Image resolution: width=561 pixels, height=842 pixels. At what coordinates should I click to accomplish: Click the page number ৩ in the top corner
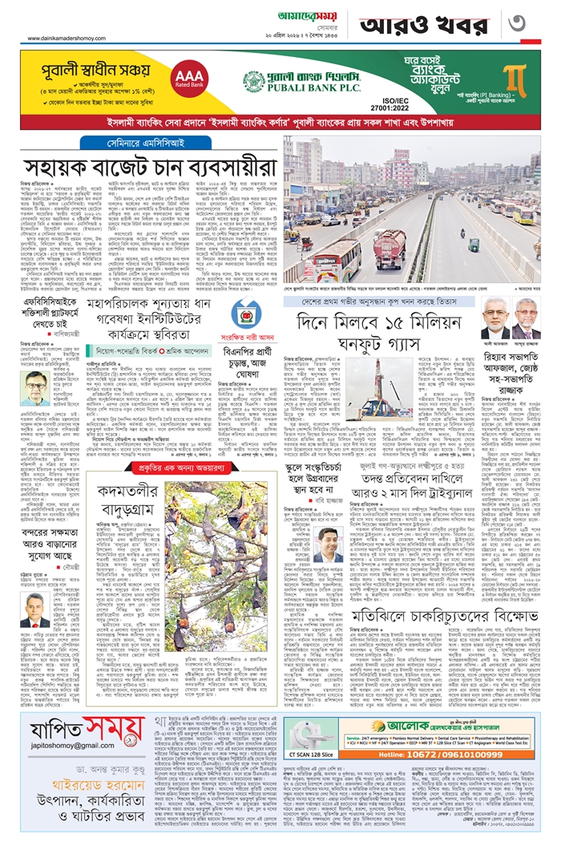click(539, 24)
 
